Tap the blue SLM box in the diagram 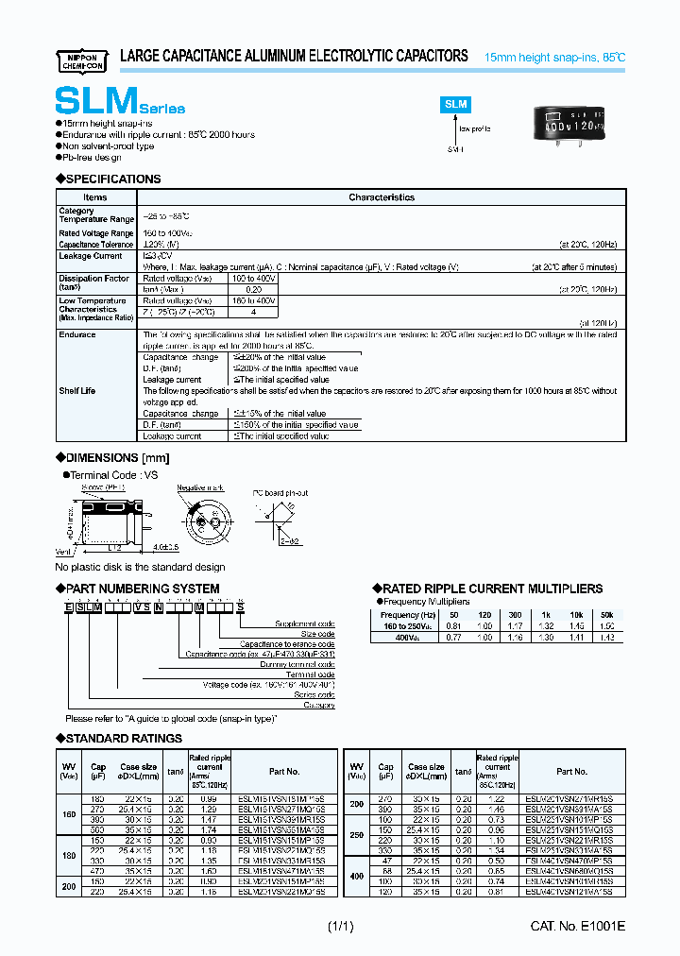pos(456,106)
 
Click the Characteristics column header pos(382,197)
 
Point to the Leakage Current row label pos(91,256)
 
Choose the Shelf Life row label pos(77,390)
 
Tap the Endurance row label pos(77,334)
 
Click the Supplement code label pos(303,624)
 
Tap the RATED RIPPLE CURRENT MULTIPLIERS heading pos(491,589)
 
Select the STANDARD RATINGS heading pos(123,738)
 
